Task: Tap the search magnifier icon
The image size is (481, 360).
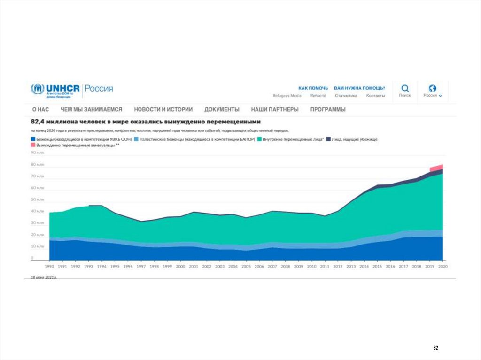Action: click(405, 88)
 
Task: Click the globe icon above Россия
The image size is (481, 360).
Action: click(433, 88)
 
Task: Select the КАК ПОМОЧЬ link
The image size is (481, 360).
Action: click(313, 88)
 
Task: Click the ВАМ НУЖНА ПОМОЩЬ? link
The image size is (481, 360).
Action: click(359, 88)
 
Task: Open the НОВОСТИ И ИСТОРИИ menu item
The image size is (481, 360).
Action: click(163, 109)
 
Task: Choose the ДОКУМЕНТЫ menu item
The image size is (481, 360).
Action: click(222, 109)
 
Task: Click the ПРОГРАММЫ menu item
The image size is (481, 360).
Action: click(328, 109)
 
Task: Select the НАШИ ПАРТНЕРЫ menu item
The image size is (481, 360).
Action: click(275, 109)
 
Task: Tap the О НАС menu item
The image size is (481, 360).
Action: click(40, 109)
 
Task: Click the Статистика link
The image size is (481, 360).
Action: click(346, 96)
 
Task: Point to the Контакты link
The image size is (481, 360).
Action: click(375, 96)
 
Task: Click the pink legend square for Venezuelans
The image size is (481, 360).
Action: click(33, 146)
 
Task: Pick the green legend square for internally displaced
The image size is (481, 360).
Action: click(259, 139)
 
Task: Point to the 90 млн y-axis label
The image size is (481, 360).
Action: click(38, 153)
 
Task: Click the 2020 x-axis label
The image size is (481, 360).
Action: click(442, 266)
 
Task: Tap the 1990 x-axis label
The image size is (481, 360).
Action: click(49, 266)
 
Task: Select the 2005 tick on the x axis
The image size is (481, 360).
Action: click(246, 266)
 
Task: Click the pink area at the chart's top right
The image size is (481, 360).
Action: click(438, 167)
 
